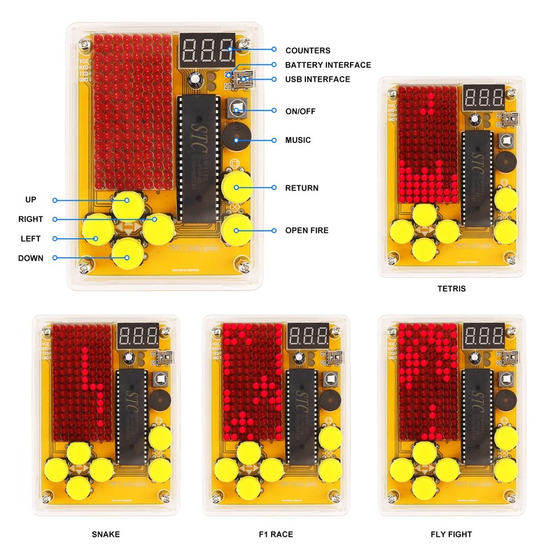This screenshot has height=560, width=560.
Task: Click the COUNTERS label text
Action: [307, 50]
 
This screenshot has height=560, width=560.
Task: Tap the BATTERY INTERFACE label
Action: [328, 65]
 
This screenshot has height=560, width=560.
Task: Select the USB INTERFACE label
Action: [317, 80]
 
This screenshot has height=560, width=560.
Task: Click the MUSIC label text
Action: [297, 140]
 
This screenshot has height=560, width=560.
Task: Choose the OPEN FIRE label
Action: [307, 230]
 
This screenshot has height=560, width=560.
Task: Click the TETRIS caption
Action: [451, 288]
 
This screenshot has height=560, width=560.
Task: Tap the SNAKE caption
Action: [106, 535]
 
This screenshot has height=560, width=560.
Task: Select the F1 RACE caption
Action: [276, 535]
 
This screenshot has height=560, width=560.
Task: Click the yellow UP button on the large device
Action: [127, 201]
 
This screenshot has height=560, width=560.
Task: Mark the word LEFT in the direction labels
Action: [31, 239]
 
